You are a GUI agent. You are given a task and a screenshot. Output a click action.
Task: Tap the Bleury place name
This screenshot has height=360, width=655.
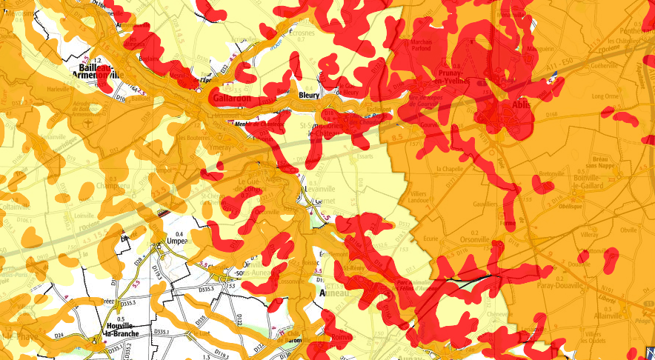coord(308,96)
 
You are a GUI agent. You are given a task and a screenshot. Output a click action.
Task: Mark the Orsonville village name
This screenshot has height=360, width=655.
coord(474,239)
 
